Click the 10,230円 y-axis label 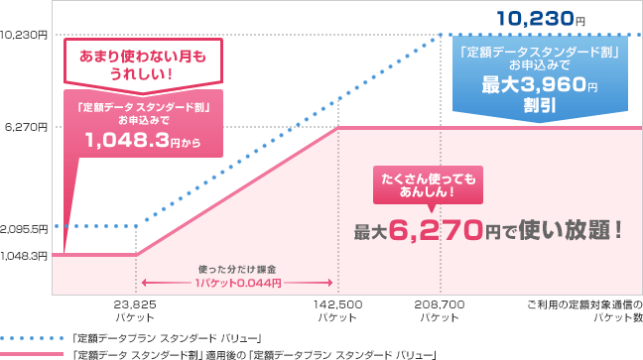(24, 35)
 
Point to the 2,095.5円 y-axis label (24, 227)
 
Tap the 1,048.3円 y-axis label (24, 255)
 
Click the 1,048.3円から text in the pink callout (143, 143)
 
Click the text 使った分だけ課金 (237, 269)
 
